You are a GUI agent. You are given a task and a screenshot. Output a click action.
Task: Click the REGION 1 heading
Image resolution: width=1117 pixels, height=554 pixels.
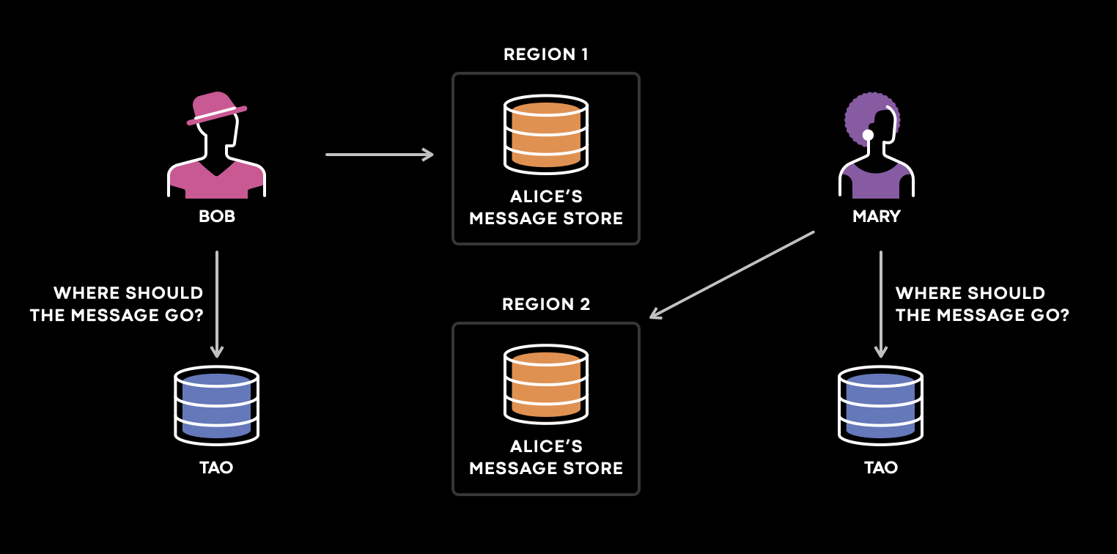click(x=545, y=53)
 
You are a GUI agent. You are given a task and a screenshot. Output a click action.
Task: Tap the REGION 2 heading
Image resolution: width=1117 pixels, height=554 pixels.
click(x=546, y=303)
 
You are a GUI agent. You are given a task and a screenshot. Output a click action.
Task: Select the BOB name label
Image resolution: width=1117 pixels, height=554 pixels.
click(x=217, y=216)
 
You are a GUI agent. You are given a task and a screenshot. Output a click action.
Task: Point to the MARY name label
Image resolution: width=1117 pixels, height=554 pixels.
click(x=876, y=216)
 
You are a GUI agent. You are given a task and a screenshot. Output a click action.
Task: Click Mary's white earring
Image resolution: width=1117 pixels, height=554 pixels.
click(x=869, y=135)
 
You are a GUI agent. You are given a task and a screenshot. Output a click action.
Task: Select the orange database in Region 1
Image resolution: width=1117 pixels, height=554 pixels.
click(x=546, y=134)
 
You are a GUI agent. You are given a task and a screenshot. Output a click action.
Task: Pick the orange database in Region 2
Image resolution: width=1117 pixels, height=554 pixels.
click(x=546, y=384)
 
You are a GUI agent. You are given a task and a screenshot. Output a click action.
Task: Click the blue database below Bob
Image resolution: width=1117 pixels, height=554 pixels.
click(x=216, y=405)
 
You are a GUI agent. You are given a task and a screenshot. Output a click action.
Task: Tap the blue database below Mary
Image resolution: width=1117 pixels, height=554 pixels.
click(x=881, y=405)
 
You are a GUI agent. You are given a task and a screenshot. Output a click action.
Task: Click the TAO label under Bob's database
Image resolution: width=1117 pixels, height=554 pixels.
click(x=216, y=468)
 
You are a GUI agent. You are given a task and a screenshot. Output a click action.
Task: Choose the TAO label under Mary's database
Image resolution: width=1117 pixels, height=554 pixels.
click(x=881, y=468)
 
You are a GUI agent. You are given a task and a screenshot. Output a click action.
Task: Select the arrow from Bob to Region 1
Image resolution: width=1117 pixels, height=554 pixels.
click(x=380, y=155)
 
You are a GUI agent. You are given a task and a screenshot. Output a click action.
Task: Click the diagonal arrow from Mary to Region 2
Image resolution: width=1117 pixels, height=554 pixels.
click(x=731, y=275)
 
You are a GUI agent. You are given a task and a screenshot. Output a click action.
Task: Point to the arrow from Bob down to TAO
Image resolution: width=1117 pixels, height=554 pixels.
click(x=216, y=304)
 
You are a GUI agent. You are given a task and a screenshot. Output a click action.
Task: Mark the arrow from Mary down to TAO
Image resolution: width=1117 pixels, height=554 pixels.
click(x=881, y=304)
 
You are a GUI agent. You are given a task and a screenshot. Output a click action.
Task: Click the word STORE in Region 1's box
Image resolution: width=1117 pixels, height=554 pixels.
click(x=593, y=218)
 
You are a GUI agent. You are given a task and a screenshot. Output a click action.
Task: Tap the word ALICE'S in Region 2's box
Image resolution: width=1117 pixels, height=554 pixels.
click(x=546, y=446)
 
